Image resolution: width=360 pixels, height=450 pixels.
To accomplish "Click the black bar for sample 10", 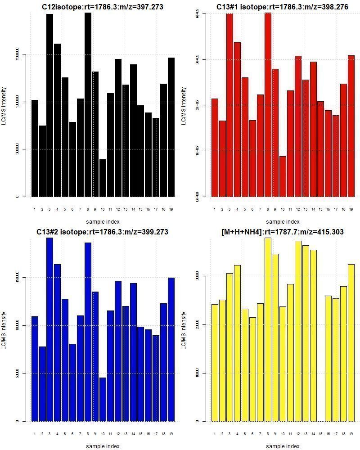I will [103, 178].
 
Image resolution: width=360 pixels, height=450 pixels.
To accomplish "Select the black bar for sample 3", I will [49, 105].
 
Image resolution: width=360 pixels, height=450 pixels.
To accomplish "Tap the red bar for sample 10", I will [283, 176].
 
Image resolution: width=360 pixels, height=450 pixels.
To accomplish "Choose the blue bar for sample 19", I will [171, 349].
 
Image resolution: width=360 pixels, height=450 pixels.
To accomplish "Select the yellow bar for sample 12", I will [298, 331].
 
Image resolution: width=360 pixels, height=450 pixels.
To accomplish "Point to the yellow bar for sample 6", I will [252, 369].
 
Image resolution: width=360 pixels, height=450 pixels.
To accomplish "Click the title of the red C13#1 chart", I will [275, 7].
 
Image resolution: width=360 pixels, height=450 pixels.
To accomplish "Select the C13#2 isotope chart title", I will [102, 232].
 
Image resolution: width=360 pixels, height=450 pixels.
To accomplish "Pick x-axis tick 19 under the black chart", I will [171, 209].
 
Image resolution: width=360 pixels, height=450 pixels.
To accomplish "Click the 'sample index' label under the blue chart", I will [103, 446].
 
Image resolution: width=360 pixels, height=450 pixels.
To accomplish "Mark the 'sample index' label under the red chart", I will [283, 221].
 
